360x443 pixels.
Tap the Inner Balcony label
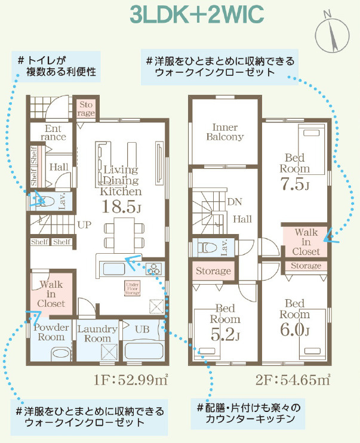[225, 132]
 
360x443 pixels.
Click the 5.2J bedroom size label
[226, 336]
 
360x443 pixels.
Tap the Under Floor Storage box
[133, 288]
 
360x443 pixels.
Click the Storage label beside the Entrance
[86, 108]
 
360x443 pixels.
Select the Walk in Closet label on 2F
[306, 241]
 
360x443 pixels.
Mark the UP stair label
[84, 225]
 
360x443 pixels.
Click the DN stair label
[235, 201]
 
